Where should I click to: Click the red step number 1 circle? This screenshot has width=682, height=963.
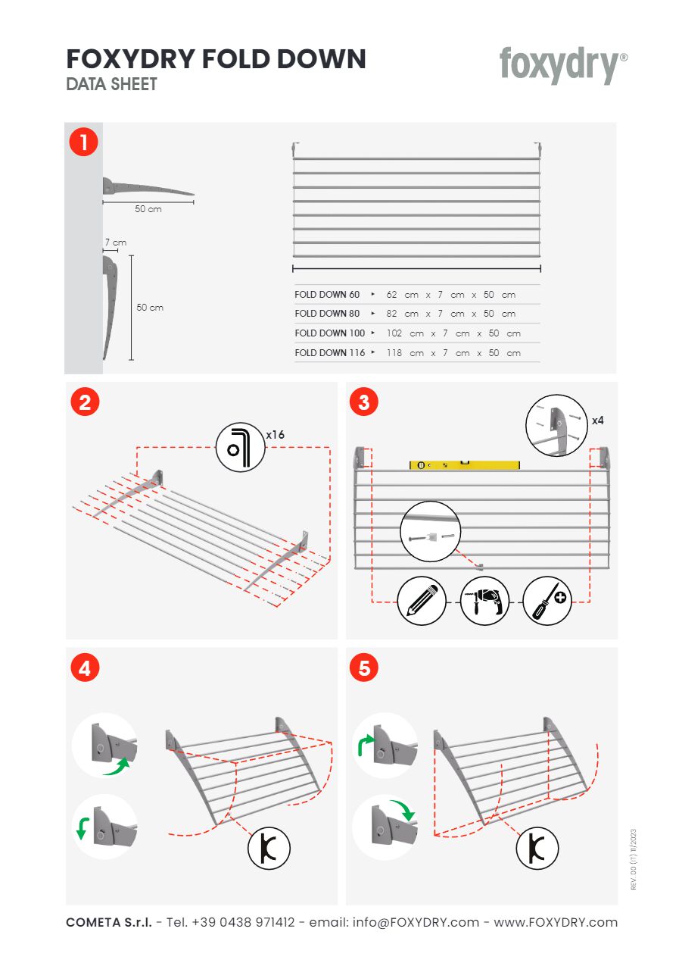pos(84,142)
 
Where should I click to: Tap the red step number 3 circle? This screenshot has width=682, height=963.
pos(364,402)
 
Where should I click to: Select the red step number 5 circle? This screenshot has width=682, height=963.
pos(364,668)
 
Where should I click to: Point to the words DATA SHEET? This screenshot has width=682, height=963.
pos(112,84)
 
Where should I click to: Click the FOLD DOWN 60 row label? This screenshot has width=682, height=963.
pos(327,294)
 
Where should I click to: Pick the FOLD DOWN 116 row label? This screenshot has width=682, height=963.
pos(330,353)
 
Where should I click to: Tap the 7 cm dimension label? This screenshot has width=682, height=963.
pos(115,242)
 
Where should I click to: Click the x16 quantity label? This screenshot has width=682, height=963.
pos(276,435)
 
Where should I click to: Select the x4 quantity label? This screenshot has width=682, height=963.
pos(597,420)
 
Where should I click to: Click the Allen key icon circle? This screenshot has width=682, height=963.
pos(240,447)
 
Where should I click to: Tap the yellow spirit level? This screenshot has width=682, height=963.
pos(465,465)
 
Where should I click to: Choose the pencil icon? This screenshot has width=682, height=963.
pos(422,601)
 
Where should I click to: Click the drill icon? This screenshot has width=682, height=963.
pos(484,601)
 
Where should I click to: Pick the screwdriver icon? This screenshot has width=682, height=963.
pos(547,601)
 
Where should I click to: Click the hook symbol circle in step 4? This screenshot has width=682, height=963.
pos(269,848)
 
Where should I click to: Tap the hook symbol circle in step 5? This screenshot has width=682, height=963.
pos(537,848)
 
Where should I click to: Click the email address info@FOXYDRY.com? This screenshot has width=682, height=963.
pos(406,922)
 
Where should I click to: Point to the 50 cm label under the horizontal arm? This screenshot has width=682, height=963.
pos(148,209)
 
